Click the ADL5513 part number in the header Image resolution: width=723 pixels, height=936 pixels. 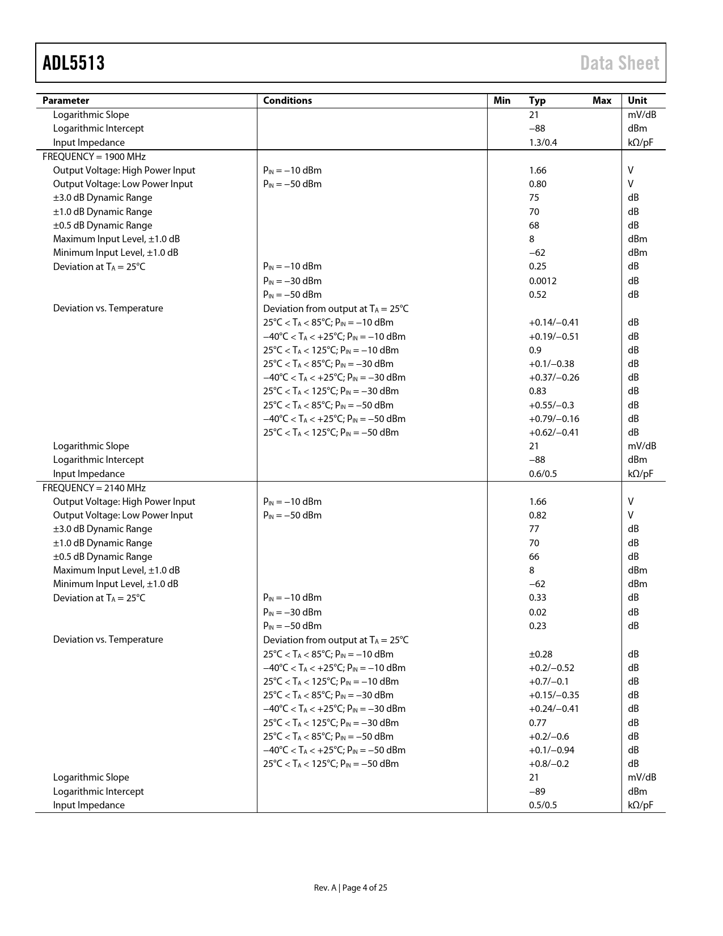(74, 63)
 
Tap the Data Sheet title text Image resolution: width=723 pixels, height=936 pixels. (619, 63)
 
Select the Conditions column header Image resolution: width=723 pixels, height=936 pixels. (287, 100)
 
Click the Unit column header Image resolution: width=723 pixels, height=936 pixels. (637, 100)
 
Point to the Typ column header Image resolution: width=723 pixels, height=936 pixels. (537, 100)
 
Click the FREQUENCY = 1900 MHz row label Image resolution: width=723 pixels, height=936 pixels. (94, 157)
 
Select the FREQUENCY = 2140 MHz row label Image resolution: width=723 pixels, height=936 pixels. (94, 488)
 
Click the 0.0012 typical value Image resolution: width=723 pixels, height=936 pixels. (543, 281)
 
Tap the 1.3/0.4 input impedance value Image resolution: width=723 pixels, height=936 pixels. (543, 142)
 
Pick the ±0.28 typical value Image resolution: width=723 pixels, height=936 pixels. (540, 654)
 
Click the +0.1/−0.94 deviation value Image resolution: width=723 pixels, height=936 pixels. (551, 750)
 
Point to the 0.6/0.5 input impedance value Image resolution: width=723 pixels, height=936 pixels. (543, 474)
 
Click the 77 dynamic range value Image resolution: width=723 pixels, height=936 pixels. (534, 529)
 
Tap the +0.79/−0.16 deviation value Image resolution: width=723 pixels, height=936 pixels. (554, 419)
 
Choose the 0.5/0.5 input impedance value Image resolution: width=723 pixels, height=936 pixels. (543, 805)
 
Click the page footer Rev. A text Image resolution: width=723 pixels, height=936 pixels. (325, 888)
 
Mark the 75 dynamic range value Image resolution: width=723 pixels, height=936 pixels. (534, 197)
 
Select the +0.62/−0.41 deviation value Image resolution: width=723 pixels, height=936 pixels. (554, 432)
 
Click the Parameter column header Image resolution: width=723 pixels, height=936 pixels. (66, 100)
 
